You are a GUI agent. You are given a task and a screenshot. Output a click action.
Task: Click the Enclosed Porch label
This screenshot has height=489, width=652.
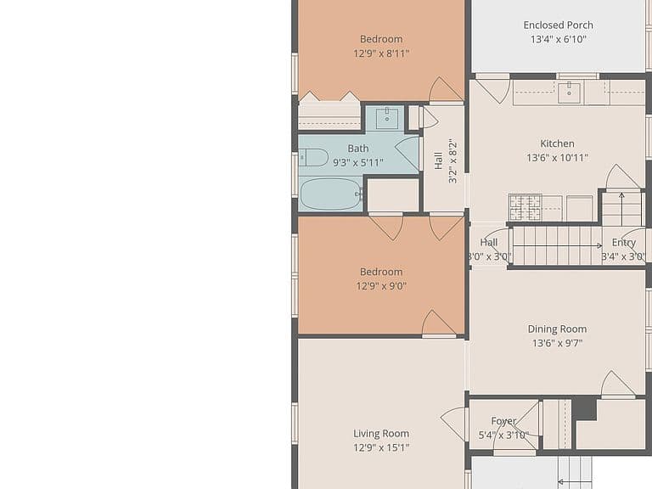click(x=558, y=25)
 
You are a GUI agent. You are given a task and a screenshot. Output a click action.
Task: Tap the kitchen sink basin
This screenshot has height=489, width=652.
click(x=569, y=93)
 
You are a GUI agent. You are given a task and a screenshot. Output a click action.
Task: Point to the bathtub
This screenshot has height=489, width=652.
click(x=331, y=194)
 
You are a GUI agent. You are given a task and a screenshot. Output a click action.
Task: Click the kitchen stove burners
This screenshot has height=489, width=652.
click(x=526, y=207)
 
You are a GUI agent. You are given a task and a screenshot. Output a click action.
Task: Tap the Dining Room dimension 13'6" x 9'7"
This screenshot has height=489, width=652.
click(x=557, y=343)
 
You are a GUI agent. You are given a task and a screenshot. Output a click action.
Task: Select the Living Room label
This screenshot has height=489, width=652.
click(x=381, y=433)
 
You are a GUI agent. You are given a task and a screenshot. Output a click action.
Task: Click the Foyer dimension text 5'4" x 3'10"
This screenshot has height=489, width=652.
click(x=503, y=435)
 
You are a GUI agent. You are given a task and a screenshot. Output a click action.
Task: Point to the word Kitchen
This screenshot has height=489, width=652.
click(x=557, y=143)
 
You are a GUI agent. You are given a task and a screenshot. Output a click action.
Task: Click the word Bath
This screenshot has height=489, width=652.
click(x=358, y=149)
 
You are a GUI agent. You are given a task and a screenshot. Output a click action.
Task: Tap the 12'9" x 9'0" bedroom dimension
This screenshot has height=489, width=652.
click(x=381, y=286)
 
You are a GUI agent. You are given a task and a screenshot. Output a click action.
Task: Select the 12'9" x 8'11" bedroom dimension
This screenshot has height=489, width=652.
click(x=381, y=53)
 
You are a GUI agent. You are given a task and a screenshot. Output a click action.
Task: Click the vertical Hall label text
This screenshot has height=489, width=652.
click(x=438, y=160)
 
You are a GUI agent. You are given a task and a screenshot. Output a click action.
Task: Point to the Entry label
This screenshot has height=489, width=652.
click(x=624, y=243)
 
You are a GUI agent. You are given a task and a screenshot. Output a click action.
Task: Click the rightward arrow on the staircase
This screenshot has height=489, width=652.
click(x=557, y=245)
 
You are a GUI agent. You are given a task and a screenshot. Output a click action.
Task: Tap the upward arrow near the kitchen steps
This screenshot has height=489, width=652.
click(x=621, y=204)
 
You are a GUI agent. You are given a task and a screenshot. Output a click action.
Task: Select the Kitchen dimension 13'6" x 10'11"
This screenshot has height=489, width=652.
click(x=557, y=158)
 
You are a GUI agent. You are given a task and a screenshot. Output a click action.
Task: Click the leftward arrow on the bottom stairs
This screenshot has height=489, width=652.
click(x=574, y=482)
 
